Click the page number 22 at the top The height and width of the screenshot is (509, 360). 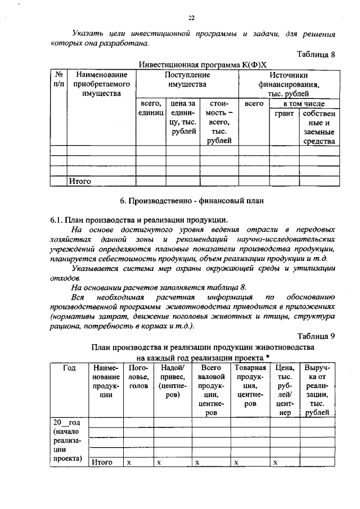pos(191,18)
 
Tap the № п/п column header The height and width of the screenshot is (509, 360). pos(58,79)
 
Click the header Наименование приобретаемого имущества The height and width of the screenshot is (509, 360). pos(101,84)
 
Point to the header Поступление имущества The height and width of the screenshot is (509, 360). pos(187,79)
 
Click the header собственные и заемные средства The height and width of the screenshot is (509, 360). pos(319,127)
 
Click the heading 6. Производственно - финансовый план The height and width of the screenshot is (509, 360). pos(191,201)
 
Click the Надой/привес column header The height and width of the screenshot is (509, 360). pos(172,381)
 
